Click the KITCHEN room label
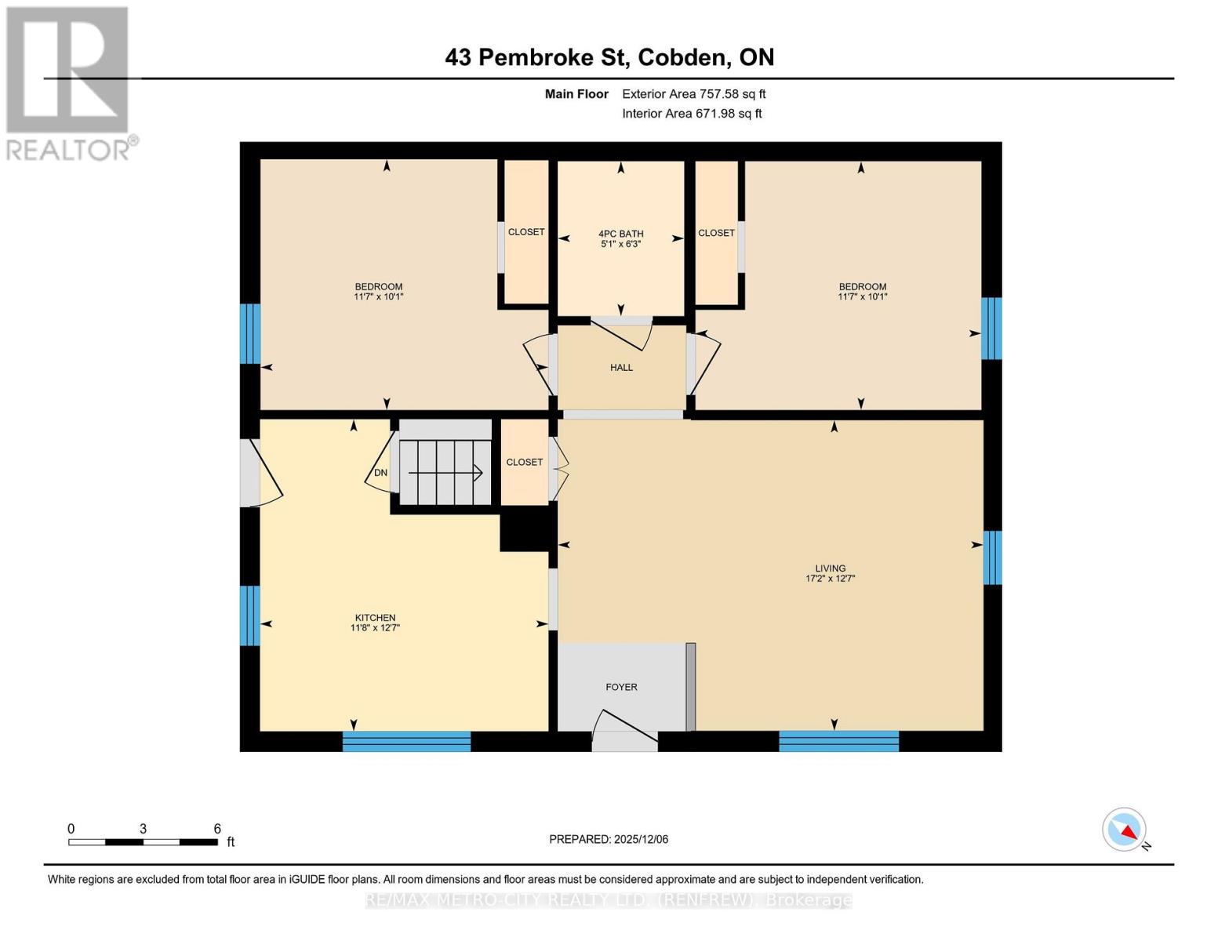point(375,618)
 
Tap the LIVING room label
point(830,569)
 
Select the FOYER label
point(621,687)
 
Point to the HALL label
point(621,367)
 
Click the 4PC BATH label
point(620,234)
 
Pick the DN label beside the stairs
point(380,473)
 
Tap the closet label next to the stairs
point(524,463)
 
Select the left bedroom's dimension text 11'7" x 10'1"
point(378,297)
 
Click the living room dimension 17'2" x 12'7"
point(830,579)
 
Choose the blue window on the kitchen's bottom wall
point(406,741)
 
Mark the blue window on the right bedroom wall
point(991,328)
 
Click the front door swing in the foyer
point(627,726)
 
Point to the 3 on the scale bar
point(143,829)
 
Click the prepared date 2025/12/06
point(641,839)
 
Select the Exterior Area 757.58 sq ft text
point(693,94)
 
